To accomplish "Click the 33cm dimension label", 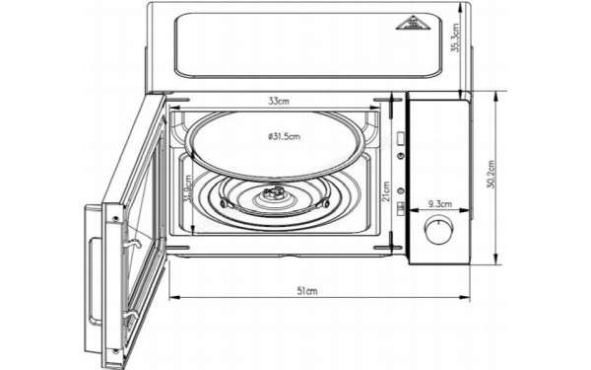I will [278, 101].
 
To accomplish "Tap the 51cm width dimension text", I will [306, 291].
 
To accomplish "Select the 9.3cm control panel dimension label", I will [439, 205].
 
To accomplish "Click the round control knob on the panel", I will [434, 234].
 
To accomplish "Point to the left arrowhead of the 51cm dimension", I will [172, 295].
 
